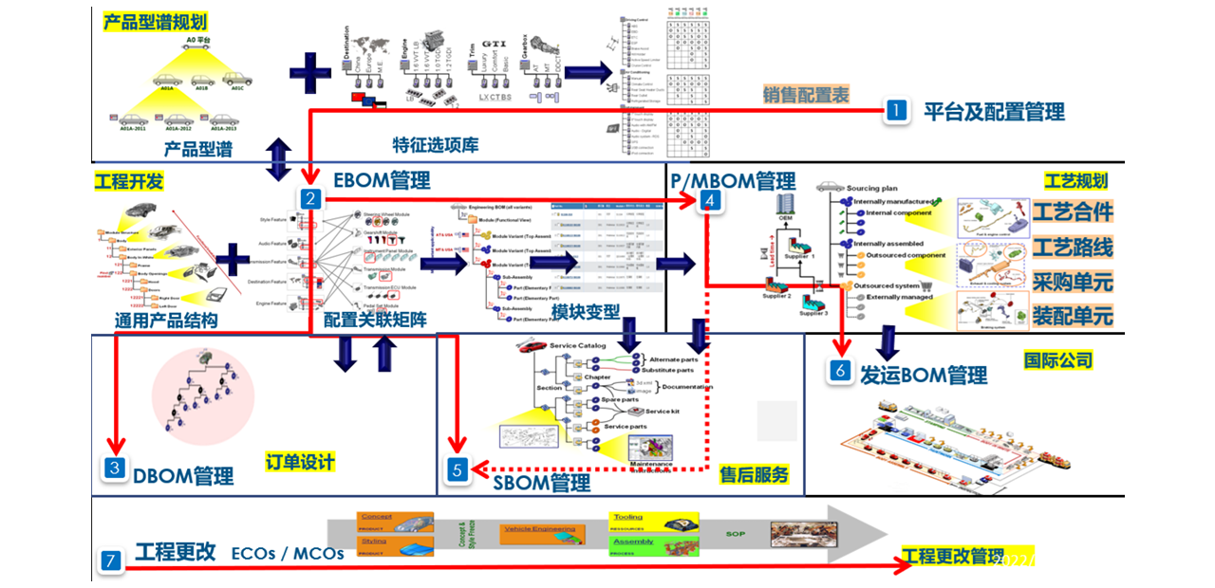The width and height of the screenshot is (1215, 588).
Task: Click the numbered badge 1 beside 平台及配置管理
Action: click(x=896, y=112)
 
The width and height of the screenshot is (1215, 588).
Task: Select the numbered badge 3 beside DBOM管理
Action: click(x=115, y=468)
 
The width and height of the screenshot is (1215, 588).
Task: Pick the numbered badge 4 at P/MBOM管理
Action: click(x=709, y=199)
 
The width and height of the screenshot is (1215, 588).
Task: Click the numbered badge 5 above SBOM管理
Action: click(x=458, y=469)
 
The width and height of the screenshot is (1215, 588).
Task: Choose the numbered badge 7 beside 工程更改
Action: click(x=111, y=561)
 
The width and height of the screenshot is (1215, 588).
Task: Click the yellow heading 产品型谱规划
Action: click(x=155, y=22)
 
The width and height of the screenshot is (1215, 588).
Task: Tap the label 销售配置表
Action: click(x=806, y=94)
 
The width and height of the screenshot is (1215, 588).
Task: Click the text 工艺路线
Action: click(x=1073, y=248)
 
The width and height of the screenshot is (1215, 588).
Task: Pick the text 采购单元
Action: click(x=1073, y=282)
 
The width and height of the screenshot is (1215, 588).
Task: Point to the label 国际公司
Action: click(x=1057, y=360)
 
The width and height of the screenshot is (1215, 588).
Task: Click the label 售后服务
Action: click(x=754, y=474)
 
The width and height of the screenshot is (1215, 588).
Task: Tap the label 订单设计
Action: click(x=300, y=462)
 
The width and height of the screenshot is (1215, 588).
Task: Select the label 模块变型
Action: click(x=585, y=312)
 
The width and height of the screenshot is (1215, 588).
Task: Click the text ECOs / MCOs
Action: click(x=288, y=553)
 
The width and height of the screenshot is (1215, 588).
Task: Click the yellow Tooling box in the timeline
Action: click(x=654, y=522)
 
